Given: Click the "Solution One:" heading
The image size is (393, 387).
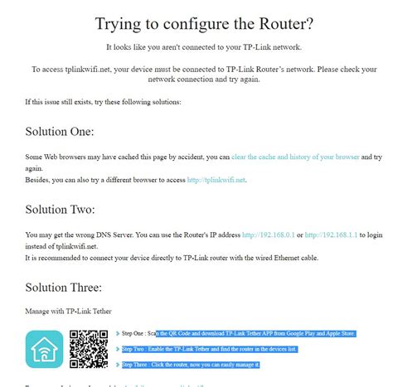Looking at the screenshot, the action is pyautogui.click(x=59, y=132).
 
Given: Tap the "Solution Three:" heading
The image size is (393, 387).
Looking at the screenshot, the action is pyautogui.click(x=63, y=288).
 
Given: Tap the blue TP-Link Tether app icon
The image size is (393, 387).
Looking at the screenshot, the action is pyautogui.click(x=43, y=349).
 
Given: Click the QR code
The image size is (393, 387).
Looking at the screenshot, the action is pyautogui.click(x=88, y=349).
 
